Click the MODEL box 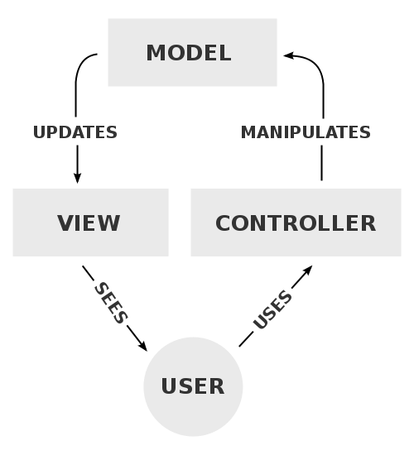[x=192, y=52]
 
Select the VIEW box [x=90, y=222]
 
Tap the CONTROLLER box [x=296, y=222]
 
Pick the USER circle [x=193, y=386]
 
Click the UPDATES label [x=75, y=132]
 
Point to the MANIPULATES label [x=306, y=132]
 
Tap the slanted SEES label [x=110, y=303]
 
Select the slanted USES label [x=272, y=310]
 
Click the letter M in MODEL [x=156, y=53]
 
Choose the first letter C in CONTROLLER [x=224, y=223]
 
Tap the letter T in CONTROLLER [x=280, y=223]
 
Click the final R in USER [x=216, y=386]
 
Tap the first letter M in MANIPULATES [x=248, y=132]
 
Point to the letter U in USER [x=168, y=386]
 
